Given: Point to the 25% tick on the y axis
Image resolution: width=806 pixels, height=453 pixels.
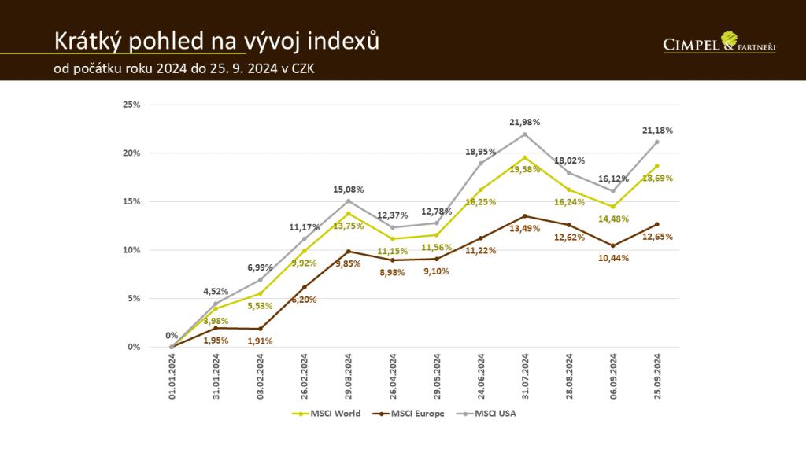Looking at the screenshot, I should point(131,105).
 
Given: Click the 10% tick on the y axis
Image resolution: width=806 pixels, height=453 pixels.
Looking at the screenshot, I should point(131,250).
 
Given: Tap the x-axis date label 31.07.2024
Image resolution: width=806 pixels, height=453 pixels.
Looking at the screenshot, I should point(525,377).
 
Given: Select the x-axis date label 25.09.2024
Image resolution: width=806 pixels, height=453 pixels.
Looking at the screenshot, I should point(657,377).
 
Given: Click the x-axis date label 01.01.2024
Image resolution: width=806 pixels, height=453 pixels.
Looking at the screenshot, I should point(172,377).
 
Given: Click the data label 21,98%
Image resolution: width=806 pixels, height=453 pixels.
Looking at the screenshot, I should point(525,122).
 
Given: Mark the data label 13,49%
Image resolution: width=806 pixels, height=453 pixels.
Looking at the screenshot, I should point(525,229).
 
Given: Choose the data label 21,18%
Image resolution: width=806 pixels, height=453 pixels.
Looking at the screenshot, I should point(658,130).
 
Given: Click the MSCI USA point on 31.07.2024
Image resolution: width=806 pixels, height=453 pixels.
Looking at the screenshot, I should point(525,134).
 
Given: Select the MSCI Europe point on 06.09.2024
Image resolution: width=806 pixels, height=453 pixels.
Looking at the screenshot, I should point(613,245).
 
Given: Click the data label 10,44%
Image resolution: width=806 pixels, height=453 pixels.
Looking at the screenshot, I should point(613,258).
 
